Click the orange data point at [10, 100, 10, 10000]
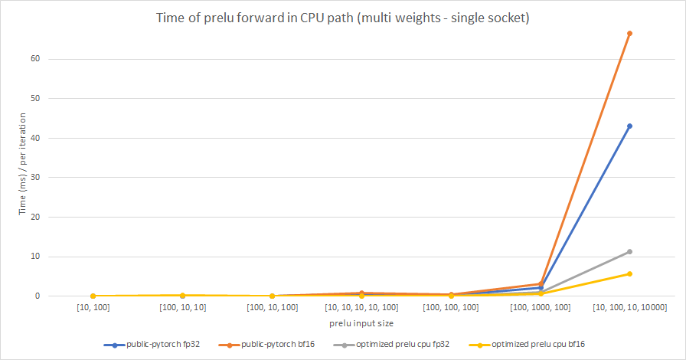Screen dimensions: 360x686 [x=629, y=34]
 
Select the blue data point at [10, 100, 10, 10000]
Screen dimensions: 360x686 [x=629, y=126]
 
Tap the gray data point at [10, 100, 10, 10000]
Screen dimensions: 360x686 [x=629, y=251]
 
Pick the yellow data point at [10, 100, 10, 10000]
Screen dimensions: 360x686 [x=629, y=273]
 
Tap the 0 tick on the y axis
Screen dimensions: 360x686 [x=47, y=296]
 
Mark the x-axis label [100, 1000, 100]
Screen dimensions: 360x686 [x=540, y=308]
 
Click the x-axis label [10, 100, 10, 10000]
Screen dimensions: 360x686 [x=629, y=308]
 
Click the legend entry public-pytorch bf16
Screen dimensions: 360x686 [x=279, y=345]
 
